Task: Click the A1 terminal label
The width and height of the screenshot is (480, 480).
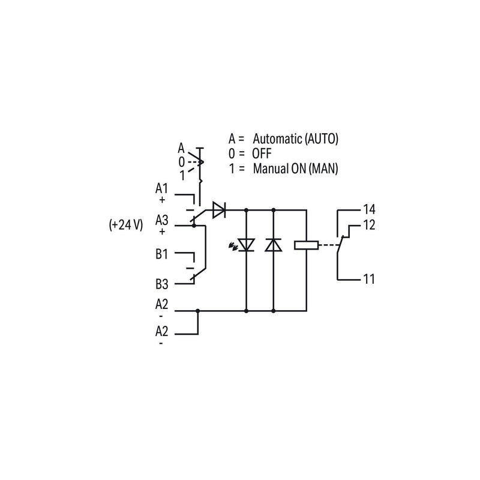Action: tap(161, 188)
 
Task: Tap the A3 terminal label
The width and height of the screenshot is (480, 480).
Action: tap(161, 220)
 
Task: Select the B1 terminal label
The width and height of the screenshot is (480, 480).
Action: tap(161, 254)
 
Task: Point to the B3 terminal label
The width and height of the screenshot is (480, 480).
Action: tap(161, 284)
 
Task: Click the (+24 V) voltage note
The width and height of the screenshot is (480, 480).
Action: tap(126, 225)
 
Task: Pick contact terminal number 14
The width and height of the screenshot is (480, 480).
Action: tap(369, 209)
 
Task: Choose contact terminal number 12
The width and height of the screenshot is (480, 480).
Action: tap(369, 225)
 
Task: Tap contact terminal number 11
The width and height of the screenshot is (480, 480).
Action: tap(369, 279)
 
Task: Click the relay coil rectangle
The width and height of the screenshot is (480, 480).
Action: tap(306, 245)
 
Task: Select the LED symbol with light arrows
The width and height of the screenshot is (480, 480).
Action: tap(244, 245)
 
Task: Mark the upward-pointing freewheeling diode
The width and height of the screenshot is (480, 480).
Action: tap(274, 245)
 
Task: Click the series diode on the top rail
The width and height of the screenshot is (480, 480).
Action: tap(219, 210)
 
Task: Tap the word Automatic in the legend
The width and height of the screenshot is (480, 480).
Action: tap(277, 139)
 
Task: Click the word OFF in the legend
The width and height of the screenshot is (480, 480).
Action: tap(262, 154)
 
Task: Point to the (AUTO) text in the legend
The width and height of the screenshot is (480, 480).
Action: tap(322, 139)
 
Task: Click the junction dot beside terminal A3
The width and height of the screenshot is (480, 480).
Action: tap(194, 226)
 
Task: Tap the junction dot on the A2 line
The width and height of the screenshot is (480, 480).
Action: tap(198, 311)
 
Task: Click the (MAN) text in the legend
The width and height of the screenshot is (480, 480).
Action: tap(323, 169)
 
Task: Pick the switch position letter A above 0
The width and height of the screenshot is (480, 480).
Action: tap(181, 148)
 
